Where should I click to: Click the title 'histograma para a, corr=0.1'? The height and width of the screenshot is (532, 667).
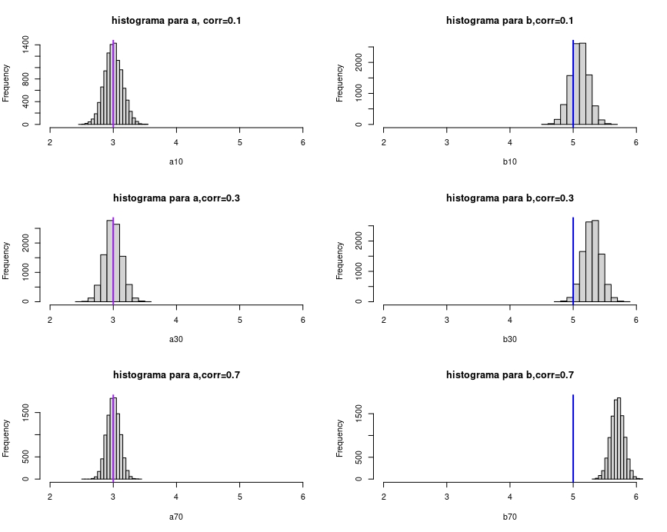177,21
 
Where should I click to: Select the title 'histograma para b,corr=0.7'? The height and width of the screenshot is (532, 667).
510,375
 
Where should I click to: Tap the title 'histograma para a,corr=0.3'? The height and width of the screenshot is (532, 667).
177,198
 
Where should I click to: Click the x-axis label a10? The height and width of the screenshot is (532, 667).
176,163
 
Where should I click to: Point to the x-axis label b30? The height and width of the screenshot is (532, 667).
509,340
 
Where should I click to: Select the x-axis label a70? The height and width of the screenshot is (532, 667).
176,517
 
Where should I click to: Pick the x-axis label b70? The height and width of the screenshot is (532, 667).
509,517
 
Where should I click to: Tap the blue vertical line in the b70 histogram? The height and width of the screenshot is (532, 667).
573,438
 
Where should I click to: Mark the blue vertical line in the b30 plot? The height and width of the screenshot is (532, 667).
573,261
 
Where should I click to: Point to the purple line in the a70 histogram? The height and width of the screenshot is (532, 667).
113,438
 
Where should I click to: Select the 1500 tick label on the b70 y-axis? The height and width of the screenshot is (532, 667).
360,414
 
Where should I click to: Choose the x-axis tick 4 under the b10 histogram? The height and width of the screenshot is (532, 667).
510,141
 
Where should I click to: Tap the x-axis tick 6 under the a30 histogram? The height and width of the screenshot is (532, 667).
302,318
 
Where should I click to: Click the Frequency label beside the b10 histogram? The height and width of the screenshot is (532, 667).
340,83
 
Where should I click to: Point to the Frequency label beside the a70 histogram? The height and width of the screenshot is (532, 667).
7,437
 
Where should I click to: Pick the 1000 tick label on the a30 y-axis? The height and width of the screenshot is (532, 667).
27,272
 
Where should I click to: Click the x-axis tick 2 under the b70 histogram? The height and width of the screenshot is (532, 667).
384,496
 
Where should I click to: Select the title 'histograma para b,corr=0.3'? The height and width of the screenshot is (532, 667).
510,198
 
